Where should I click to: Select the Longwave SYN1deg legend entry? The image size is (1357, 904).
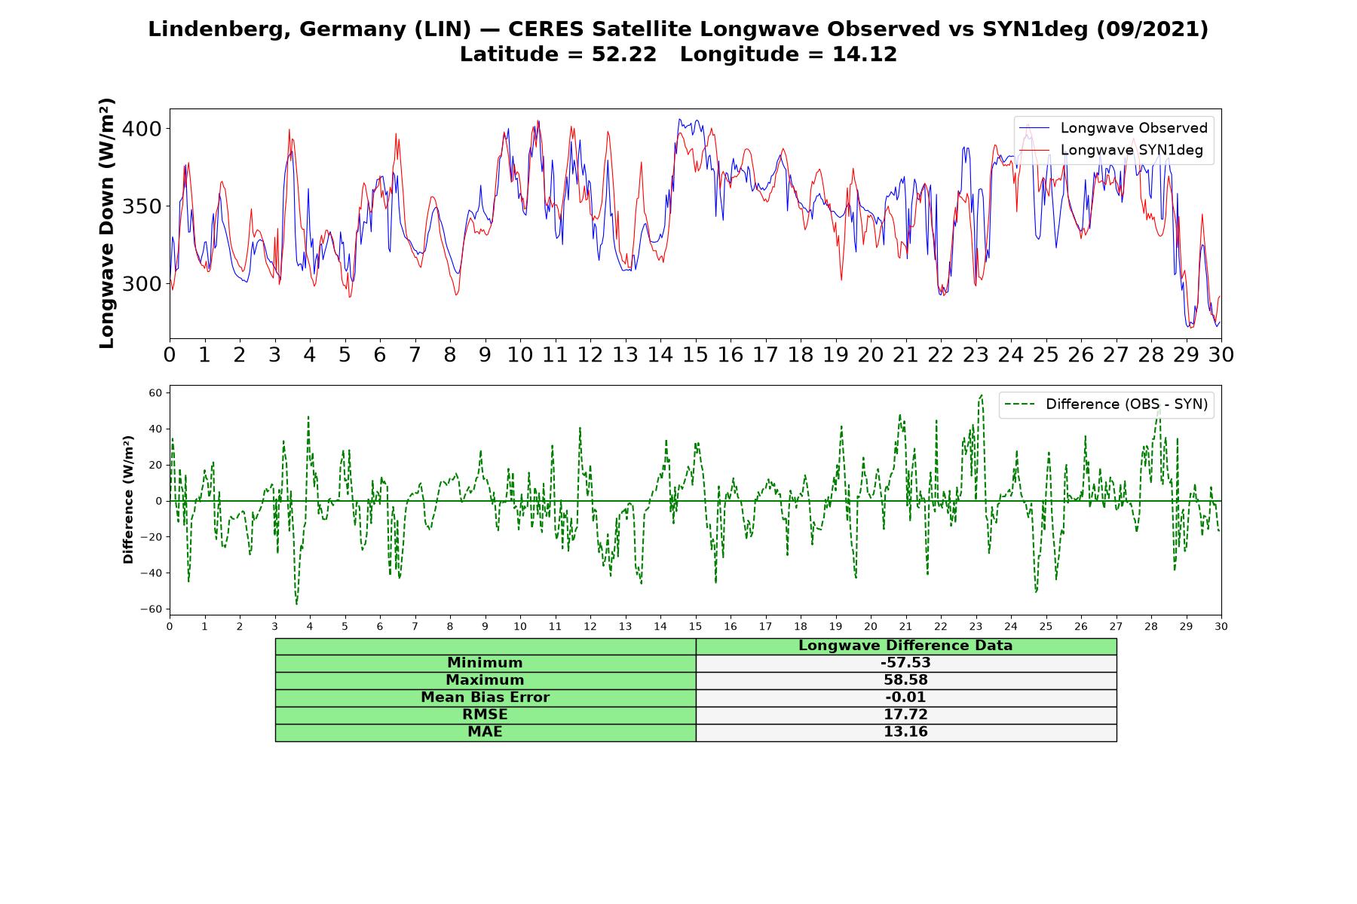point(1111,150)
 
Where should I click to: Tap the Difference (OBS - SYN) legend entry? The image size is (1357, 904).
point(1107,405)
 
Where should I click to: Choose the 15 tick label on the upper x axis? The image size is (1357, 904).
point(695,355)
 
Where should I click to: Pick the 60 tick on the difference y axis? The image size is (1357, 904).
point(156,392)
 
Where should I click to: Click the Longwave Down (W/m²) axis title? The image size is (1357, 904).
point(106,223)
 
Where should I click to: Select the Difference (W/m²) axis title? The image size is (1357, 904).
point(128,500)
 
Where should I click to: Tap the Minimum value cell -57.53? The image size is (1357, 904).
point(905,663)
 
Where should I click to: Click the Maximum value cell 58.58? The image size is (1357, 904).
point(905,680)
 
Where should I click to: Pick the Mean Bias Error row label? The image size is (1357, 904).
point(485,698)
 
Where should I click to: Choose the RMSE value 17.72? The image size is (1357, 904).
point(905,715)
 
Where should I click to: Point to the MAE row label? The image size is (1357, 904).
point(485,732)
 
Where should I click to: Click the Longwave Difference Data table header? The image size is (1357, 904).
point(905,646)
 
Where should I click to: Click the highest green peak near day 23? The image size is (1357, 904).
point(981,395)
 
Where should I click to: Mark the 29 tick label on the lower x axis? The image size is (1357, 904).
point(1186,626)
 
